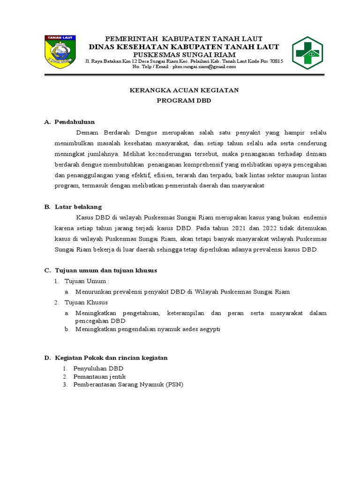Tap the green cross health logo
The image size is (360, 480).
(307, 52)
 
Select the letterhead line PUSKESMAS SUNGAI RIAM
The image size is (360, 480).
(184, 54)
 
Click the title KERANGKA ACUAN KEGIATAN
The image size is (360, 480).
(184, 90)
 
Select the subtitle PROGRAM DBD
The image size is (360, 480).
(184, 100)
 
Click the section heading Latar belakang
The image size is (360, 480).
(78, 207)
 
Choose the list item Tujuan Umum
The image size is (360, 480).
(86, 281)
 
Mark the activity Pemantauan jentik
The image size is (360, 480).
(99, 376)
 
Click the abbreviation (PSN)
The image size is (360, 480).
(174, 385)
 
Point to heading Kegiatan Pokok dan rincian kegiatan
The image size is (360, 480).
(111, 358)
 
